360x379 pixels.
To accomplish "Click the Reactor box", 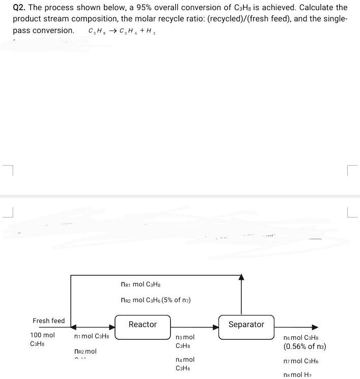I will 143,326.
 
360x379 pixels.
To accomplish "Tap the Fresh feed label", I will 49,320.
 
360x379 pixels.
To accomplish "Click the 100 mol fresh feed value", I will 43,335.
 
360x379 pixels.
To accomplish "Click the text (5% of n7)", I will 177,300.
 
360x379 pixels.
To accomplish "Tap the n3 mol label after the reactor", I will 184,337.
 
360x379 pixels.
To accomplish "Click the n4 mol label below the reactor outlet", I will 184,359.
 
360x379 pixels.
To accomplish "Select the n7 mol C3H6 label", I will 302,362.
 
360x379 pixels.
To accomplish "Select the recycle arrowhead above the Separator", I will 242,278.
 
